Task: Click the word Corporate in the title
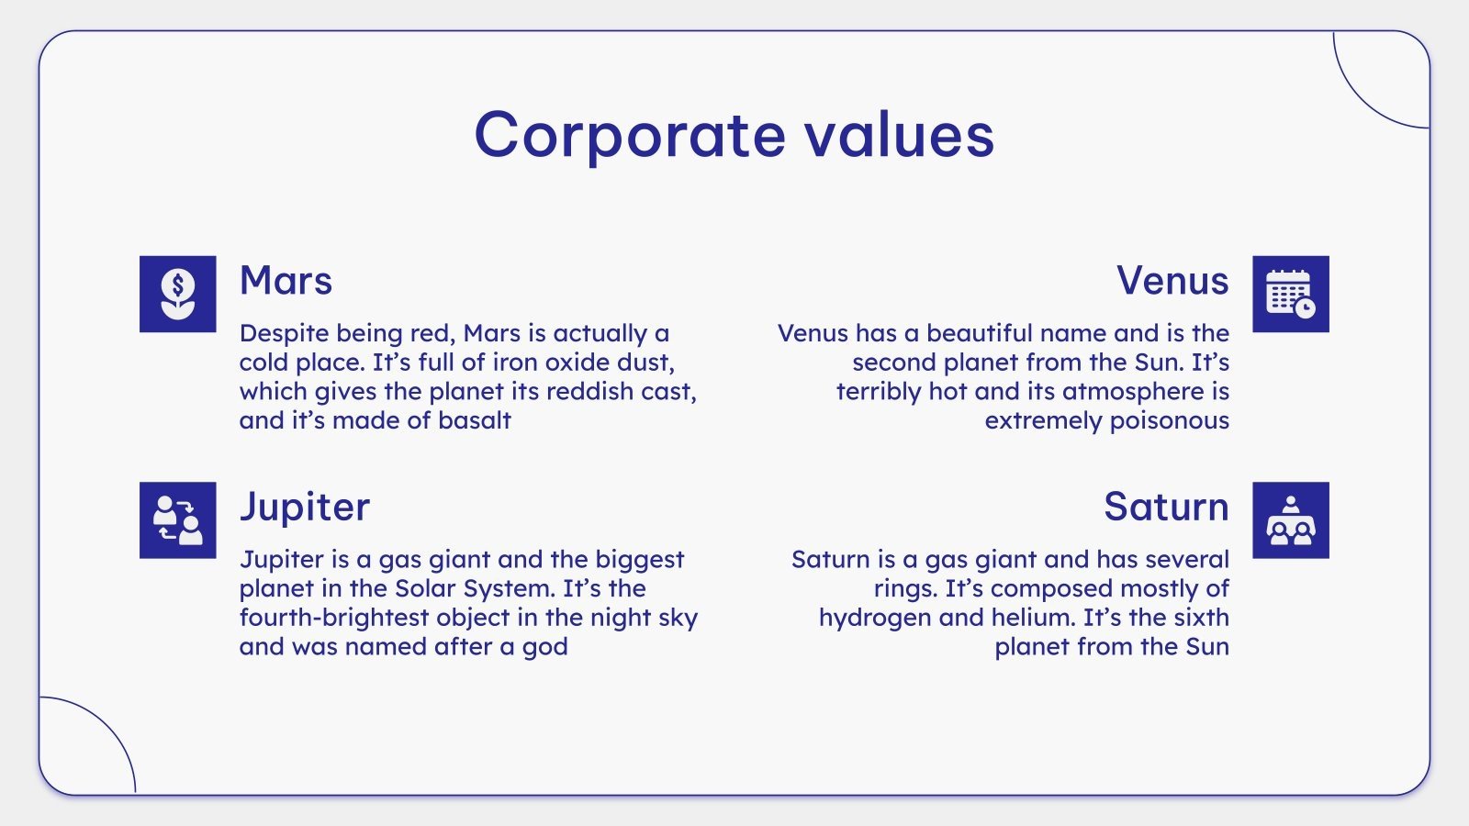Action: tap(630, 136)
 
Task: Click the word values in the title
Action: tap(900, 136)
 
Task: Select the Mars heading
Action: tap(286, 281)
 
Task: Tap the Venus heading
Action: tap(1172, 281)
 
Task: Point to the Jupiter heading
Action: tap(305, 507)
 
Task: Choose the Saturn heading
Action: tap(1166, 507)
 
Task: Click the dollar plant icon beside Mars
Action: tap(178, 294)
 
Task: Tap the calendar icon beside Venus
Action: tap(1291, 294)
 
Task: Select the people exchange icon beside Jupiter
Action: tap(178, 520)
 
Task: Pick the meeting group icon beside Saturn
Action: tap(1291, 520)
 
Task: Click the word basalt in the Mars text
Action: tap(474, 420)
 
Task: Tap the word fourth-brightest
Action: tap(334, 618)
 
